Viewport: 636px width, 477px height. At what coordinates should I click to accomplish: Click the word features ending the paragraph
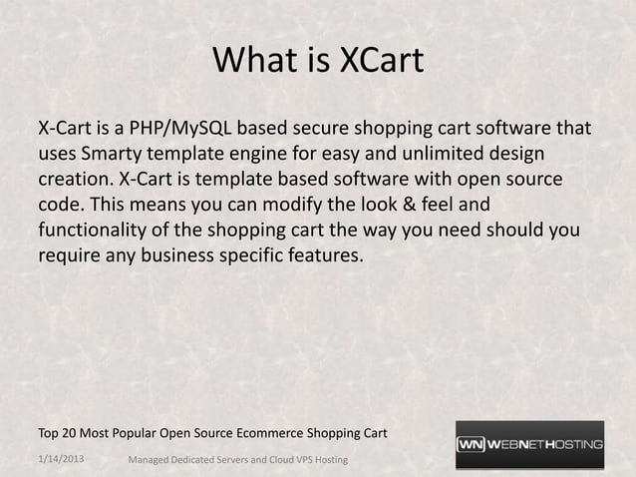(x=326, y=256)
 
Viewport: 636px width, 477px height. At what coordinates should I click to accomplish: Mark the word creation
(x=73, y=182)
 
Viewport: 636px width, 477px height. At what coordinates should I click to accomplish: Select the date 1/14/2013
(x=61, y=457)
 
